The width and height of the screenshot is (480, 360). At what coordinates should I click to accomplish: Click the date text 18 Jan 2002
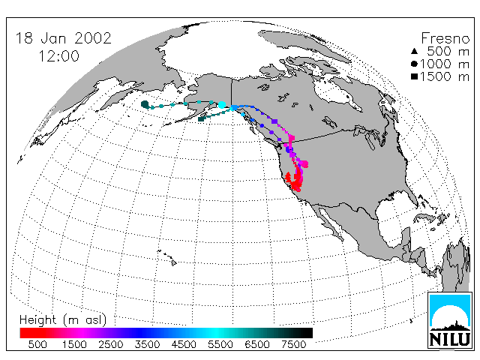(63, 38)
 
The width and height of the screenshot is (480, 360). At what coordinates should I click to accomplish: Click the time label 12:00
(58, 56)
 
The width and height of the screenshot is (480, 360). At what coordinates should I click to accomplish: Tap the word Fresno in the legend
(445, 38)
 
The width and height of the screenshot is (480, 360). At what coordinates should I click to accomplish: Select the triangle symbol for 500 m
(414, 51)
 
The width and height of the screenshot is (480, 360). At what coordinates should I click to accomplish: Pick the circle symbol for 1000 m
(414, 64)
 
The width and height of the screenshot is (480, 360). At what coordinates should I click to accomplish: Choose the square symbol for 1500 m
(414, 76)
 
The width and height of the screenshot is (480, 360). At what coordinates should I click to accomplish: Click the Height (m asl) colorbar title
(63, 320)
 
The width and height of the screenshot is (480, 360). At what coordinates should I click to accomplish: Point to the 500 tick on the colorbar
(37, 345)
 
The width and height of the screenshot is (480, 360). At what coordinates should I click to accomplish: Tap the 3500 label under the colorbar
(147, 345)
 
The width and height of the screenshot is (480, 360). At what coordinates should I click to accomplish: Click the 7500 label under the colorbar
(293, 345)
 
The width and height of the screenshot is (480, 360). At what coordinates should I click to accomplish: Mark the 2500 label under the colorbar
(110, 345)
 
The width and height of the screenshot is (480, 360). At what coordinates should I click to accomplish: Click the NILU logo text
(450, 339)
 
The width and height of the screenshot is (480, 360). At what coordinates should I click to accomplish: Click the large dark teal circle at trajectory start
(145, 104)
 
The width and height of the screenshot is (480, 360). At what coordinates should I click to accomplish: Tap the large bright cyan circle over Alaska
(222, 105)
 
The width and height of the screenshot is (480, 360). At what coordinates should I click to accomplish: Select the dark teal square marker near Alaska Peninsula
(201, 118)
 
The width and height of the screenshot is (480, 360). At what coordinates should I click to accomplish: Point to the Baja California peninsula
(329, 221)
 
